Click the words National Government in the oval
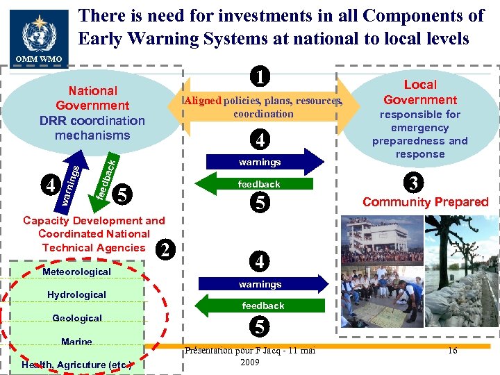92,98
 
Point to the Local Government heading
420,92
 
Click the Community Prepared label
424,202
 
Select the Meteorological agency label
76,272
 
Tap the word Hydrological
76,294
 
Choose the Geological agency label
77,318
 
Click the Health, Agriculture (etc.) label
77,365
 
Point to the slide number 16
452,350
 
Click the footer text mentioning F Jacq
250,356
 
